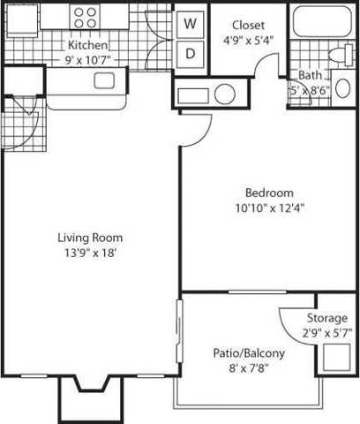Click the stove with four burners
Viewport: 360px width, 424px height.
coord(86,17)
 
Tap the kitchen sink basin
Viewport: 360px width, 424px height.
coord(104,81)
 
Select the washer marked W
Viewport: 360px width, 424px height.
coord(190,25)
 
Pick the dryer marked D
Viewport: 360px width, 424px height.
coord(190,52)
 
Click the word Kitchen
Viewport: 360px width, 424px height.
coord(88,45)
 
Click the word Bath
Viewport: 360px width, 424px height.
coord(310,76)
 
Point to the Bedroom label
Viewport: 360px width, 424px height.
coord(269,193)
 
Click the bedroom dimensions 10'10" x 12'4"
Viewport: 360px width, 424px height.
coord(269,208)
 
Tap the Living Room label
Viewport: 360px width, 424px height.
coord(90,238)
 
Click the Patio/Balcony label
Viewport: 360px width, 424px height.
coord(249,353)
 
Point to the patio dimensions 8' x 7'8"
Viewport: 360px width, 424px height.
coord(249,369)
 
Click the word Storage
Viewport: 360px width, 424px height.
coord(327,318)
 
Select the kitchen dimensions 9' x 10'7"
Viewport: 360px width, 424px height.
coord(88,60)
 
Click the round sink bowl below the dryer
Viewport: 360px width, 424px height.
coord(224,93)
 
